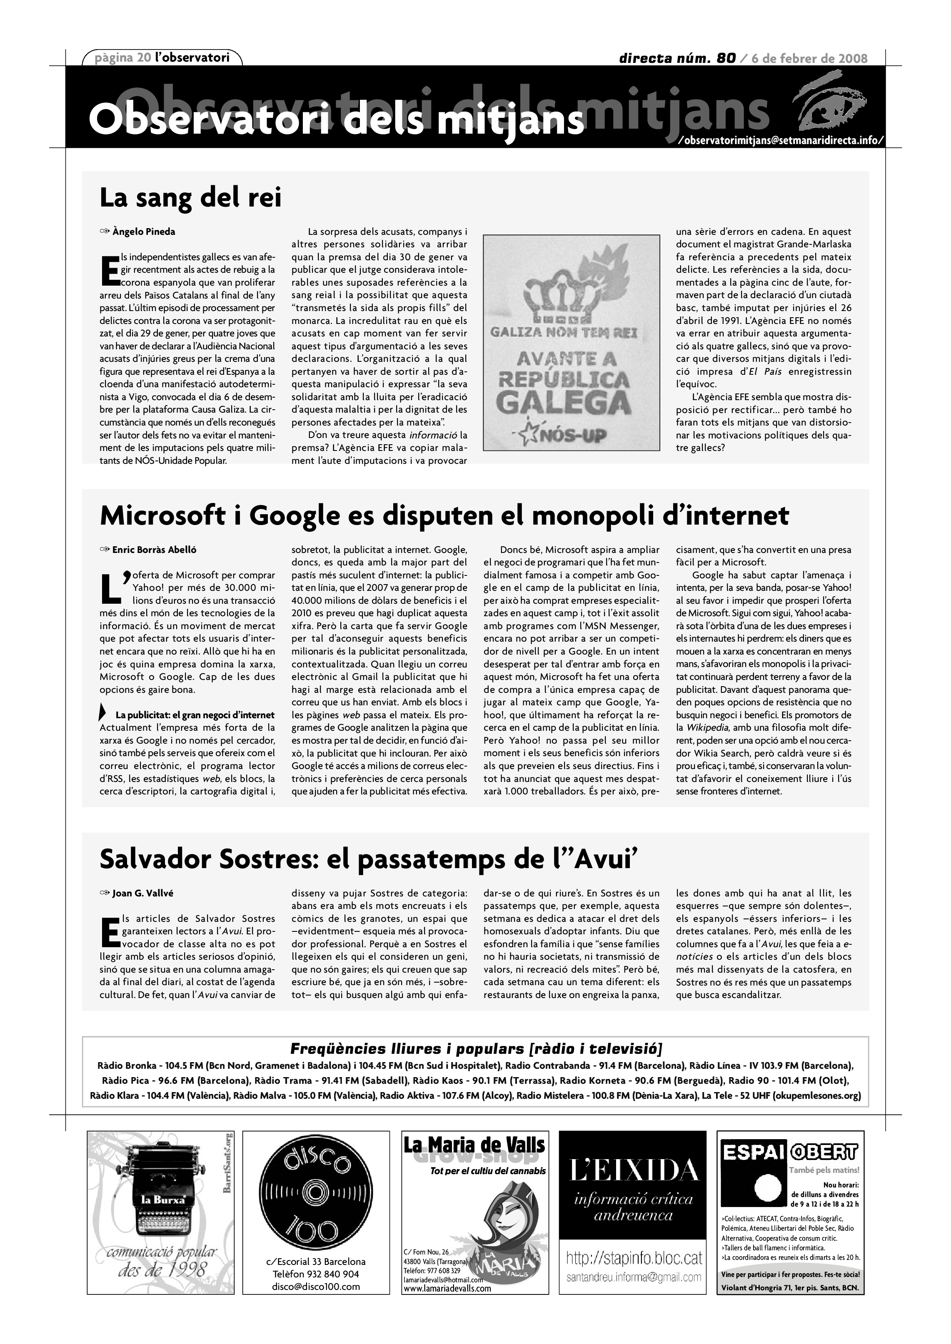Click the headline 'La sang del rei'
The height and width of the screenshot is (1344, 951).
tap(190, 197)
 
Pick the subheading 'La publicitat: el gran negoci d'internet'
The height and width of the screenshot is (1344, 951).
tap(195, 715)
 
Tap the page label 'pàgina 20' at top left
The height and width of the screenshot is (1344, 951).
tap(120, 57)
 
